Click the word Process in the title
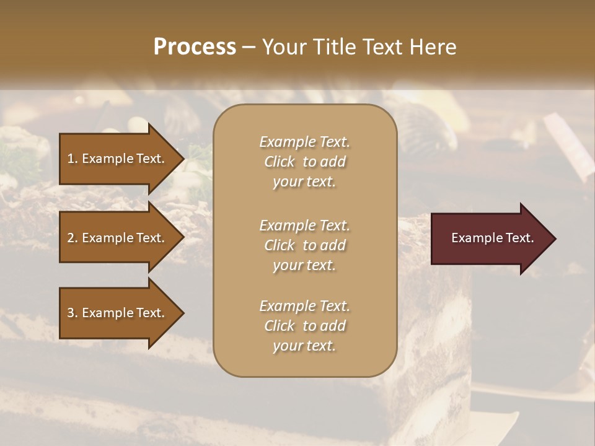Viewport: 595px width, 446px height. pos(195,47)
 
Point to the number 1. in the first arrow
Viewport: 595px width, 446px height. pos(73,159)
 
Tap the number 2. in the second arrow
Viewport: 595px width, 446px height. pos(73,238)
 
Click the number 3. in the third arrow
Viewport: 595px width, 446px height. pos(73,313)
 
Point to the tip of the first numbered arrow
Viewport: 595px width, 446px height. pos(182,159)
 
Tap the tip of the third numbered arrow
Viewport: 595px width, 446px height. pos(182,313)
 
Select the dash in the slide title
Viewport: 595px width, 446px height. pos(249,47)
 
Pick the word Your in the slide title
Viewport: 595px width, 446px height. pos(282,47)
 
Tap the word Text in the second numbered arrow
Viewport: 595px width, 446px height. pos(151,238)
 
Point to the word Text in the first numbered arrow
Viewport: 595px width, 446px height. pos(151,159)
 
